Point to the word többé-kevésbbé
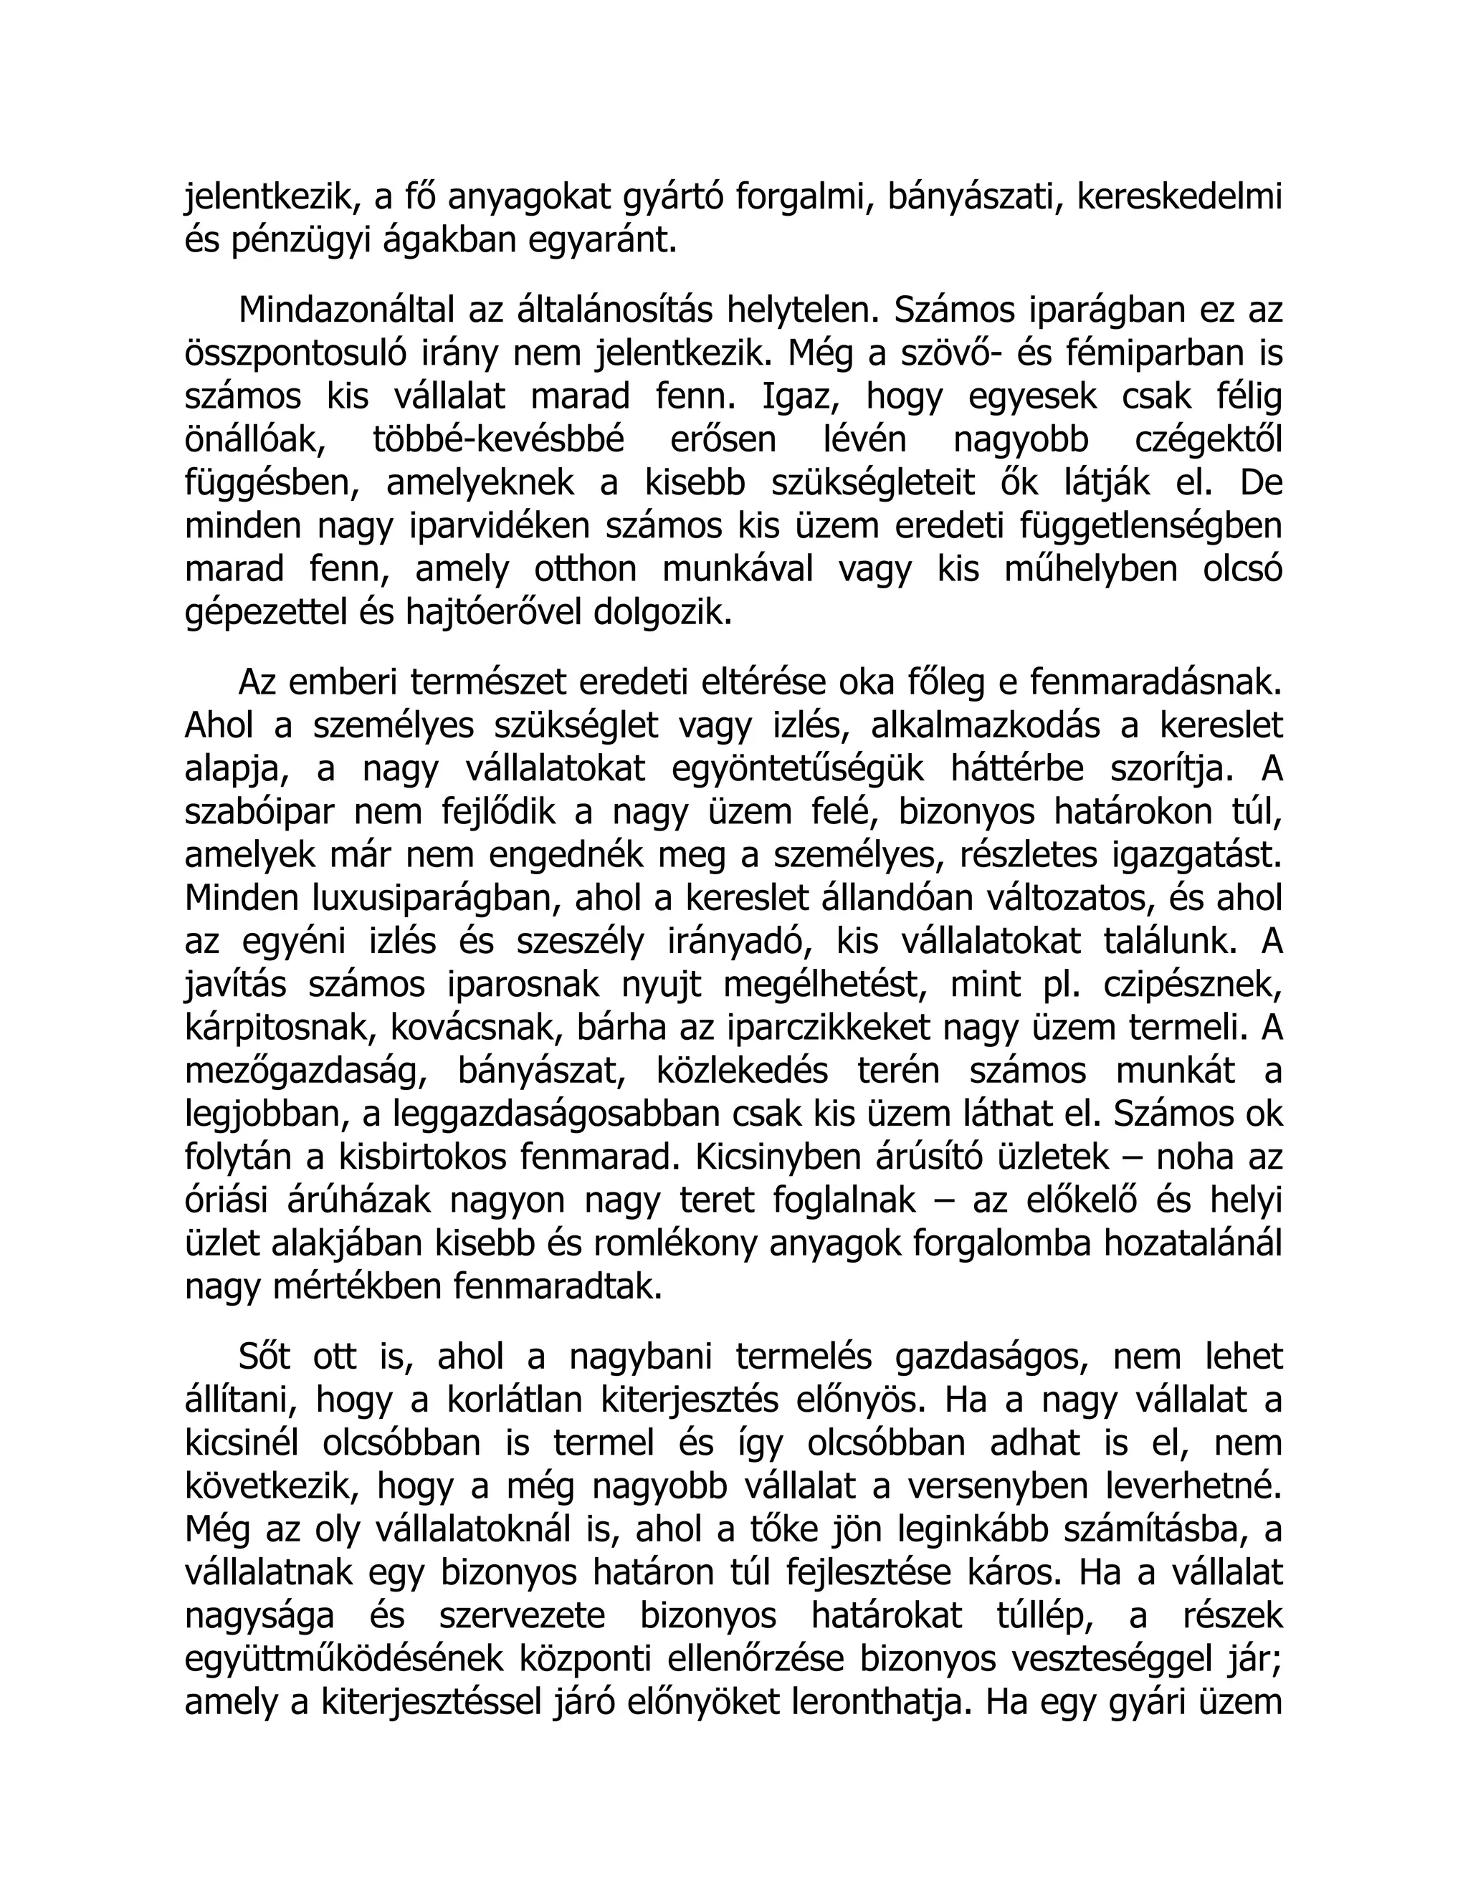pos(498,440)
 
